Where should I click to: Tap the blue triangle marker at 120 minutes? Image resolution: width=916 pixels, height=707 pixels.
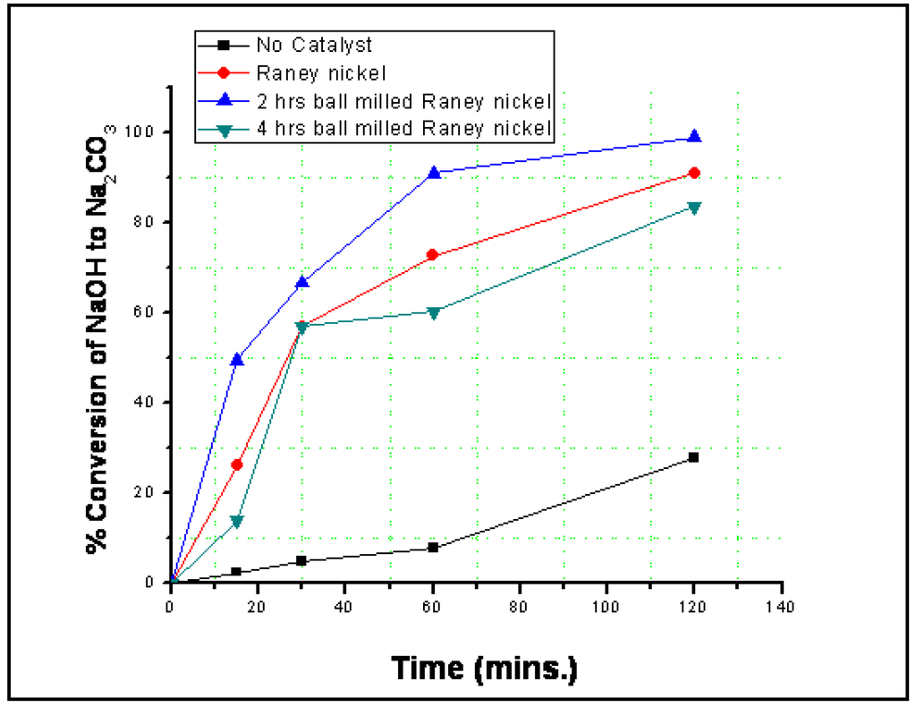(x=694, y=137)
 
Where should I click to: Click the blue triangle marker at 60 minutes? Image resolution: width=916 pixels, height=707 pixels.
(x=434, y=172)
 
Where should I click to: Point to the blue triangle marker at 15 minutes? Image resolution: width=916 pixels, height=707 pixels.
(x=237, y=359)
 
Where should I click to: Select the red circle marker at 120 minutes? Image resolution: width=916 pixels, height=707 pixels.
(x=694, y=173)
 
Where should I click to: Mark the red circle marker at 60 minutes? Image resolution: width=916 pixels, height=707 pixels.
(x=433, y=255)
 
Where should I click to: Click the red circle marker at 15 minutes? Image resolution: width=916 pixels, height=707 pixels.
(x=237, y=464)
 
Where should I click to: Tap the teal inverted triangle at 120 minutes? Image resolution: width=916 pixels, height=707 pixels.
(x=694, y=208)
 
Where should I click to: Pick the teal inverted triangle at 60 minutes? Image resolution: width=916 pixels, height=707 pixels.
(x=433, y=313)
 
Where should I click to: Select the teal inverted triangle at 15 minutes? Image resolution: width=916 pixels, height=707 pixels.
(x=237, y=522)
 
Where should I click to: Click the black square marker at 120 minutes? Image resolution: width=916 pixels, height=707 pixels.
(x=694, y=457)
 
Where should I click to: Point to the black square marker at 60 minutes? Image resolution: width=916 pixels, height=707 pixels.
(x=433, y=548)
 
